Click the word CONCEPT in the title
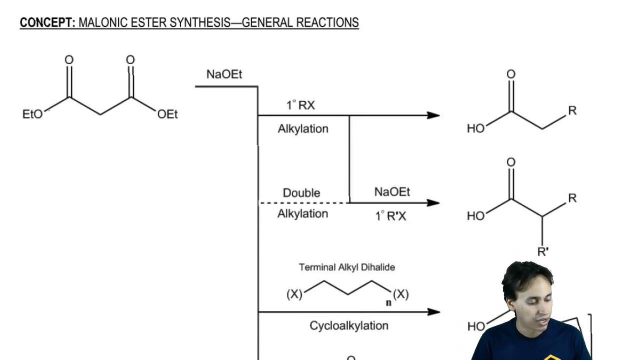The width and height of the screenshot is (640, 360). point(47,22)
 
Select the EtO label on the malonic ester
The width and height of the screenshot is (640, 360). point(32,114)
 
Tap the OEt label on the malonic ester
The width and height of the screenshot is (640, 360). point(167,114)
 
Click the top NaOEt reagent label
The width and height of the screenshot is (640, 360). point(224,74)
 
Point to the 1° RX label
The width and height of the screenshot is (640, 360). point(300,105)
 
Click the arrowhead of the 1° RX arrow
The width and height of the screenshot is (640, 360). point(434,115)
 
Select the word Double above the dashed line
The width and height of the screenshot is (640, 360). point(301,193)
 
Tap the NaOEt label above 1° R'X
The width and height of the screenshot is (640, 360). point(392,192)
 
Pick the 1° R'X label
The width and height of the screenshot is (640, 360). point(390,216)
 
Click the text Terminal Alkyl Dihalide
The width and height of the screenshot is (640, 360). point(347,267)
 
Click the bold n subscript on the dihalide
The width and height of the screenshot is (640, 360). point(387,302)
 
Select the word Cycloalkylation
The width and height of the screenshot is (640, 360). point(349,326)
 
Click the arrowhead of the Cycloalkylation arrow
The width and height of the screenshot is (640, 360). point(434,312)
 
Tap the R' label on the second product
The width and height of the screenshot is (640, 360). point(543,251)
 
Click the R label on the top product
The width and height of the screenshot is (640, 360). point(572,110)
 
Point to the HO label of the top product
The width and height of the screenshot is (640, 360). point(475,128)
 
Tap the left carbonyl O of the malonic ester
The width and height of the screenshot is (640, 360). point(69,60)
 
